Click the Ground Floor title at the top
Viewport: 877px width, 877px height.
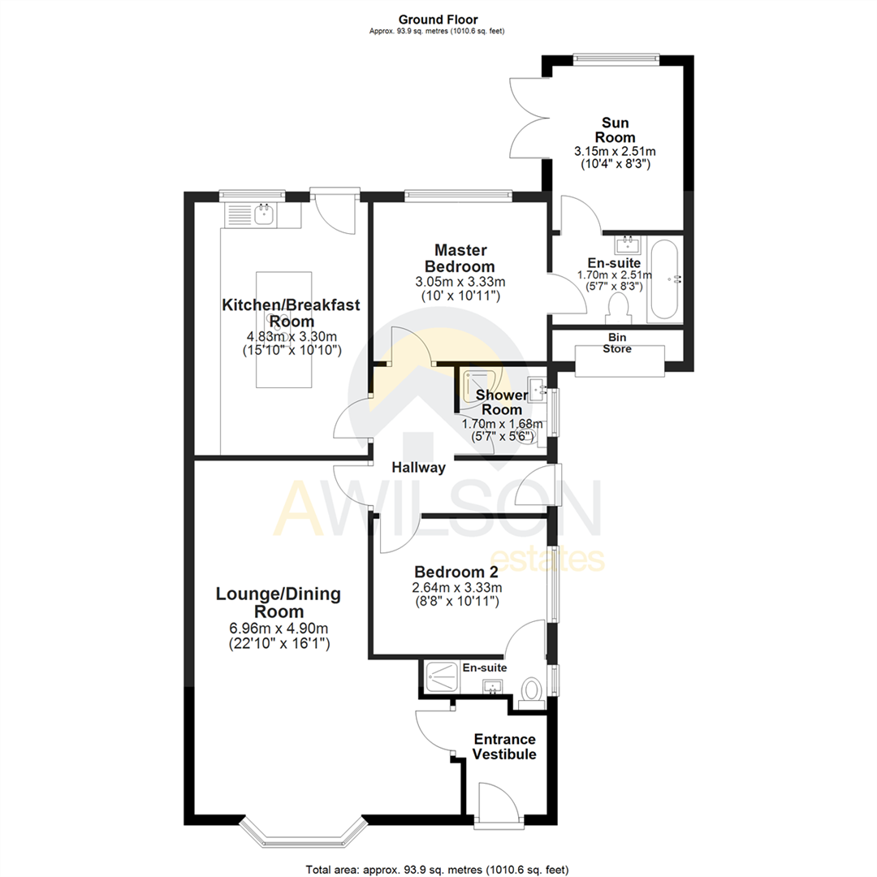tap(438, 19)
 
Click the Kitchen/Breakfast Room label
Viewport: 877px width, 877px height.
tap(291, 313)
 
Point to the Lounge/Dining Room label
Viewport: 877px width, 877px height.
tap(278, 603)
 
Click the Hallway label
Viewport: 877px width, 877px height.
tap(418, 468)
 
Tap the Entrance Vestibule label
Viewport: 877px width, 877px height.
tap(505, 746)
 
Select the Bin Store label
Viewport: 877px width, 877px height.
tap(619, 343)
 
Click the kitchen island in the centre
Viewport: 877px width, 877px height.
tap(284, 329)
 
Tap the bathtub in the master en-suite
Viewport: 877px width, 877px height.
tap(665, 279)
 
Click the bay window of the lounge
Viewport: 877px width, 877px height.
tap(300, 835)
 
